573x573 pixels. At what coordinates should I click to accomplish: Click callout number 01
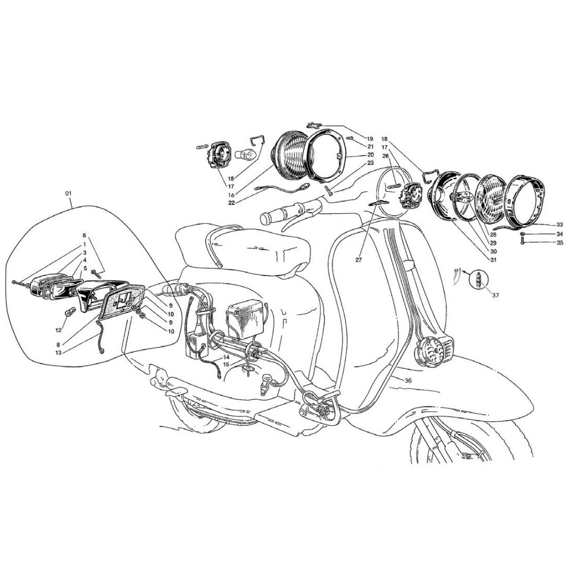coord(68,193)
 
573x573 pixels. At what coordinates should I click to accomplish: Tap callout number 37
coord(495,295)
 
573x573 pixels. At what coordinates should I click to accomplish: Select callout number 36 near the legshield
coord(408,380)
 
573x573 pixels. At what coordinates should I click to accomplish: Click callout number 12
coord(58,330)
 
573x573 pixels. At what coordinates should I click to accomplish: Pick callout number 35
coord(560,242)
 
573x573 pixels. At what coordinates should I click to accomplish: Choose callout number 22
coord(232,203)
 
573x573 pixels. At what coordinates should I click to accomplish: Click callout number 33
coord(560,224)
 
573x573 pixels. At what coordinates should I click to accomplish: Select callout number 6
coord(84,235)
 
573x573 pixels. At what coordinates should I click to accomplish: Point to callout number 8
coord(58,345)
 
